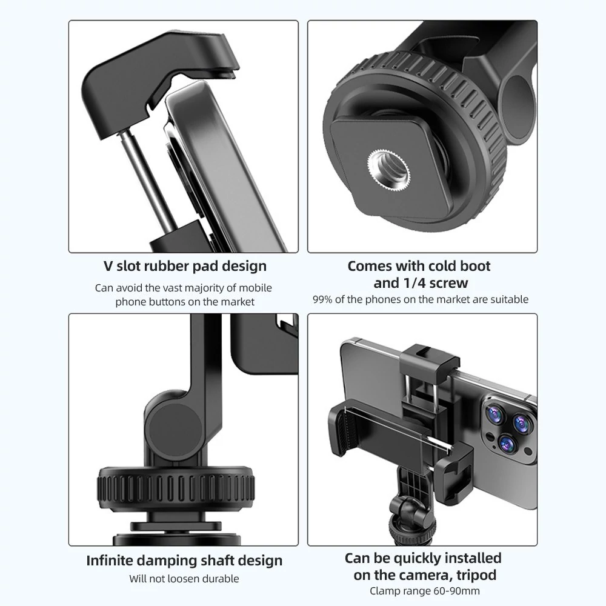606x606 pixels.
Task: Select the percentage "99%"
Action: point(322,299)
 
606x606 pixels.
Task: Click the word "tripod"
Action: point(476,575)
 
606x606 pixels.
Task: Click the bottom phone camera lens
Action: point(506,444)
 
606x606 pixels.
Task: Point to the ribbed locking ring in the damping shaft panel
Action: point(176,487)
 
